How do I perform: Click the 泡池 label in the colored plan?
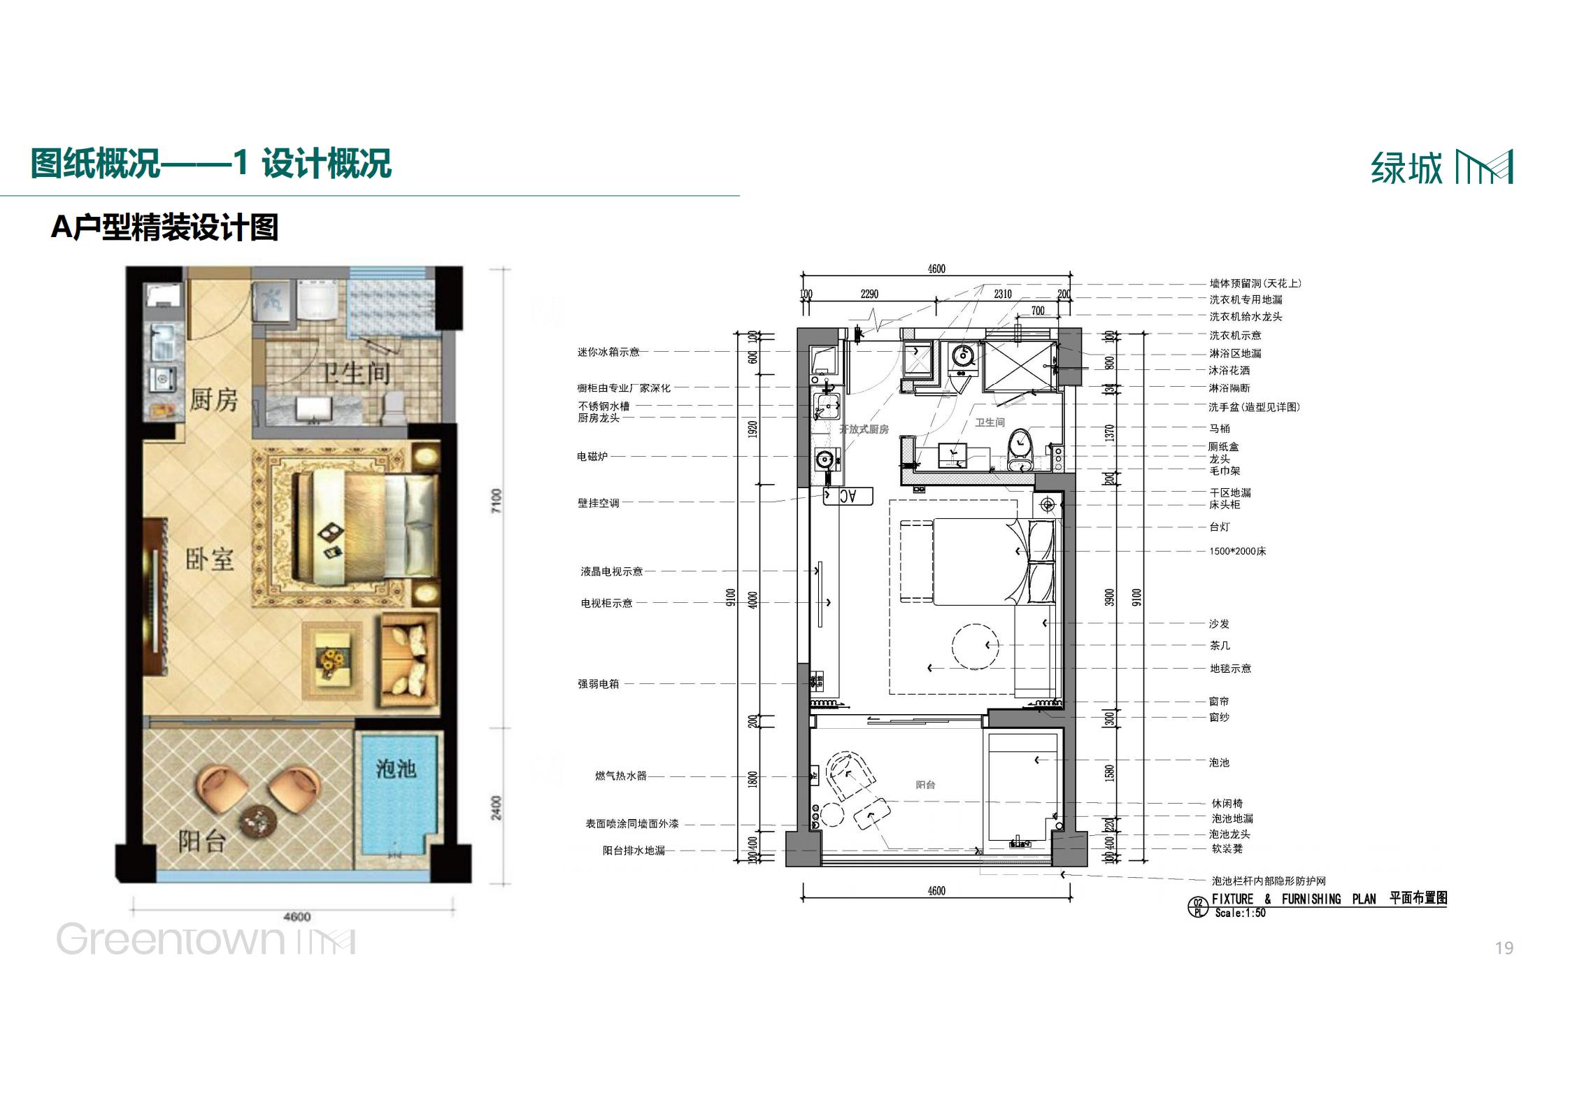coord(396,769)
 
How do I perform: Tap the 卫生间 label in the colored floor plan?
coord(355,373)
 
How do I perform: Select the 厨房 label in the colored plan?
coord(213,399)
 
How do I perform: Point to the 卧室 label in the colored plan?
coord(209,559)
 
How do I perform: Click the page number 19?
coord(1504,948)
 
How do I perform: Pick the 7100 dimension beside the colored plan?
coord(497,501)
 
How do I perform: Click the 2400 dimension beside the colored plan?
coord(497,808)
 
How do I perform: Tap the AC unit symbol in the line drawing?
coord(848,496)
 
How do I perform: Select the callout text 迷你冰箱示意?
coord(608,352)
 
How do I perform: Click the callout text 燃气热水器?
coord(620,776)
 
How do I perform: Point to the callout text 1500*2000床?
coord(1237,551)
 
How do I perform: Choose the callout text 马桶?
coord(1219,428)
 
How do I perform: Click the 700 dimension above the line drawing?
coord(1038,311)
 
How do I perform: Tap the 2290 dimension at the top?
coord(869,294)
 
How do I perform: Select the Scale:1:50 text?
coord(1240,913)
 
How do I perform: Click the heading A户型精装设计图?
coord(165,227)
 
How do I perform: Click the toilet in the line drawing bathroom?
coord(1020,448)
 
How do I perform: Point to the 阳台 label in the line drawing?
coord(925,785)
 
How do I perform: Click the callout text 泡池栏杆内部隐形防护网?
coord(1268,881)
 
